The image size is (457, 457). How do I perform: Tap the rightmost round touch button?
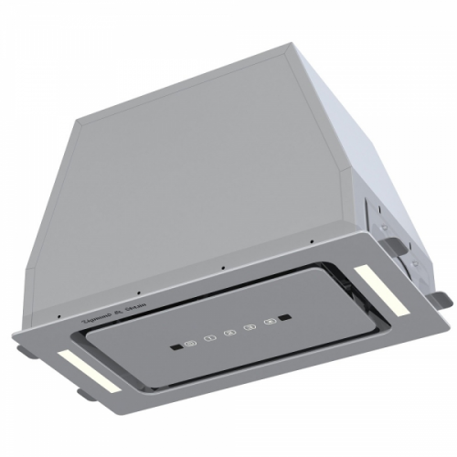270,323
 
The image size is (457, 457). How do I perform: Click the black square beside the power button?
173,347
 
